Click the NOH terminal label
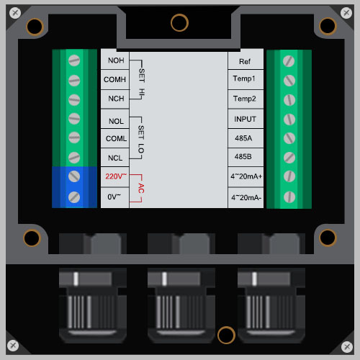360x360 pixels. click(116, 60)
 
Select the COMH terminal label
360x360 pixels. click(114, 79)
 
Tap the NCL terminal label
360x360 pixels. click(115, 158)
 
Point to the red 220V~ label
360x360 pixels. click(116, 176)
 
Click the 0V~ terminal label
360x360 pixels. click(114, 197)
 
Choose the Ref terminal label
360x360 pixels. click(245, 62)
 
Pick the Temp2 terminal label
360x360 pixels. click(245, 99)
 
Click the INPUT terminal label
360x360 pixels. click(245, 119)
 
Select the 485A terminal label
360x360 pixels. click(243, 138)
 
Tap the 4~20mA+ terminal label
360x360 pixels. click(246, 176)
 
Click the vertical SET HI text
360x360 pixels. click(142, 84)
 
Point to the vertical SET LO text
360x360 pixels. click(141, 140)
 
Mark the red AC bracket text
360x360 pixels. click(141, 189)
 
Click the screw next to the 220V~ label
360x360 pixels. click(74, 176)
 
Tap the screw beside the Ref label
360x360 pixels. click(289, 61)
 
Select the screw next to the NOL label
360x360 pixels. click(74, 119)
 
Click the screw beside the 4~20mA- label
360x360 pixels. click(289, 197)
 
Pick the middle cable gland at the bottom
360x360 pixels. click(181, 305)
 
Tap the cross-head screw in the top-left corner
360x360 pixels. click(15, 12)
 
